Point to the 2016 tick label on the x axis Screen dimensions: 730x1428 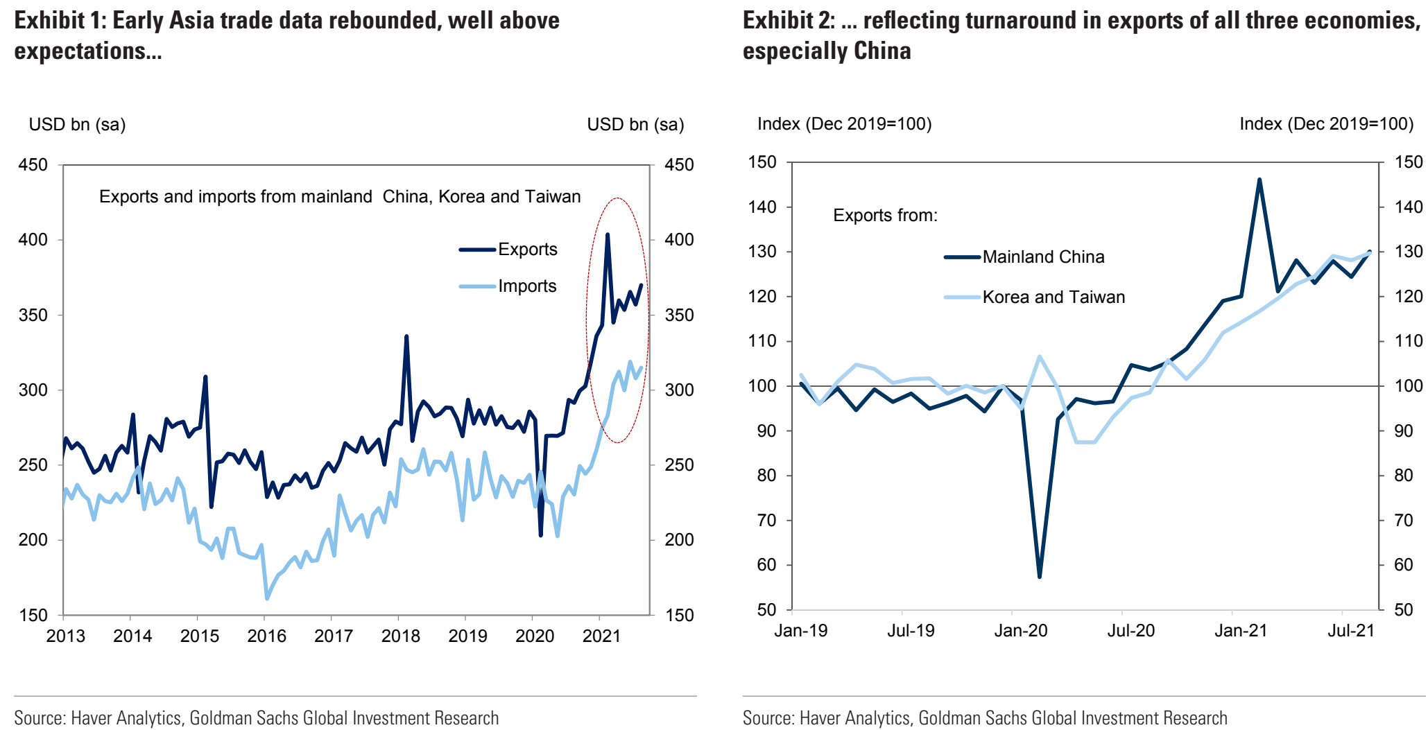(266, 636)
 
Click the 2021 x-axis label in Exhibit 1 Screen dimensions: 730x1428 (601, 636)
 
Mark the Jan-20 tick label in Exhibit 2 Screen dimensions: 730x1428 (1020, 631)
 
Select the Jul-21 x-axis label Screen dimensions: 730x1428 (1350, 631)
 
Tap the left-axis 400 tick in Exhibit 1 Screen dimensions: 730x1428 (33, 240)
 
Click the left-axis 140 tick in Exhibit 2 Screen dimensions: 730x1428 (762, 207)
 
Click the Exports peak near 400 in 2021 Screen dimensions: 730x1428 (608, 235)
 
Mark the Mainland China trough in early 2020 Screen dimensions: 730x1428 (1040, 576)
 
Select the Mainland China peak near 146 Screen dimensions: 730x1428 (1259, 180)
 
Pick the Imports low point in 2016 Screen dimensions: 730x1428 (266, 598)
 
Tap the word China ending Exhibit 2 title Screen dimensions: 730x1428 (882, 51)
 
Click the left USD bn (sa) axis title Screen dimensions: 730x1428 (77, 125)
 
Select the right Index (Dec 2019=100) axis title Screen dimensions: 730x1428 (1326, 124)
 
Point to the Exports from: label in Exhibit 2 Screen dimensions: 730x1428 (885, 216)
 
